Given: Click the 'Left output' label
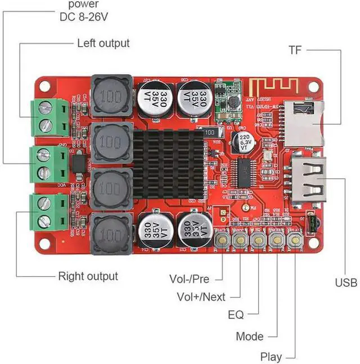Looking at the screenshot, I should [103, 43].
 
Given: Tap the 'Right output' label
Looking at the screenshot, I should [88, 276].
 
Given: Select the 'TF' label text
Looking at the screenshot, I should [295, 50].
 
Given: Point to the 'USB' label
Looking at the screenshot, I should [346, 282].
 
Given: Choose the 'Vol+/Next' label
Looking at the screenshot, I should [200, 296].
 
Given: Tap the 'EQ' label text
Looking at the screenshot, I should [236, 314].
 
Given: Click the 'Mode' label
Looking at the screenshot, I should [249, 336].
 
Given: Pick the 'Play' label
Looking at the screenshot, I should [271, 357].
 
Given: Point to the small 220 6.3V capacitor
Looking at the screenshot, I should [245, 140].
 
